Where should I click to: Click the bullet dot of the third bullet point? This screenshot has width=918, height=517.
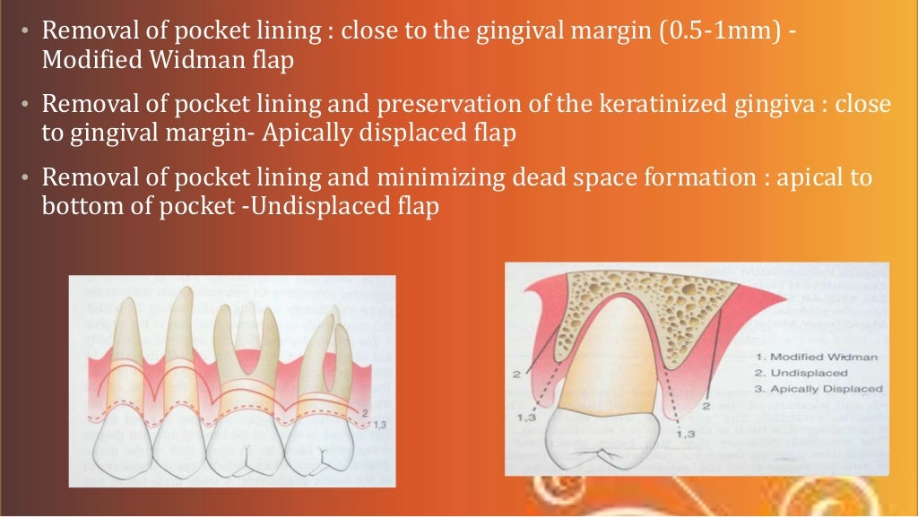28,177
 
